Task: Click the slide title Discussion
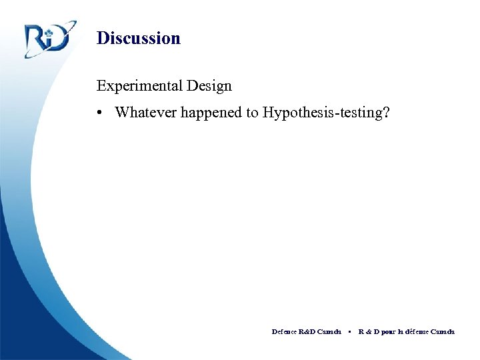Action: pos(138,38)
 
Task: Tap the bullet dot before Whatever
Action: pos(99,113)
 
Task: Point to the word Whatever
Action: pos(143,113)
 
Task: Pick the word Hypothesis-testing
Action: pos(322,113)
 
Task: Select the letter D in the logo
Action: pos(59,41)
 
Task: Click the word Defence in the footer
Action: pos(285,331)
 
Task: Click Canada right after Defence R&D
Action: pos(330,331)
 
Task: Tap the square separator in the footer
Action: pos(349,331)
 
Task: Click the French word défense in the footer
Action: pos(419,331)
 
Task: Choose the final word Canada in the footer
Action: pos(443,331)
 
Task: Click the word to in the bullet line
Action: pos(252,113)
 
